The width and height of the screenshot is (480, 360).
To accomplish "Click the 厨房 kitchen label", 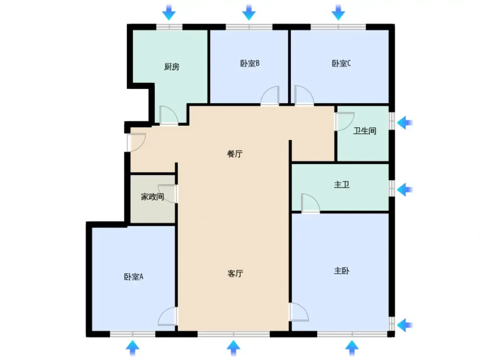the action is [x=172, y=67].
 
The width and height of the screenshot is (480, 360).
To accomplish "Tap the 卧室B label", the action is [x=250, y=63].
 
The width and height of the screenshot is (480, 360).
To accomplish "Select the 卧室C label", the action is [x=341, y=63].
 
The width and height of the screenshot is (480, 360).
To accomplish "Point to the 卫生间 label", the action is [x=364, y=131].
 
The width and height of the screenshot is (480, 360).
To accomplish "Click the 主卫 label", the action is [x=341, y=185].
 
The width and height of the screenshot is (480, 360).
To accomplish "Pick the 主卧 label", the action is [x=341, y=271].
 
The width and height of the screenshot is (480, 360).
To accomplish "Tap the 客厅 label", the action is [x=235, y=274].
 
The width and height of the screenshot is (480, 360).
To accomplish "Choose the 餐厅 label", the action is [x=235, y=154].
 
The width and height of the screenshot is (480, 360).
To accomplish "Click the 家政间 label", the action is [x=153, y=197].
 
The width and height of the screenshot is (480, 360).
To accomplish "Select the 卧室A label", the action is [x=134, y=277].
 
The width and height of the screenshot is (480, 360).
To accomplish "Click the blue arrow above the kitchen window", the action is [x=169, y=12].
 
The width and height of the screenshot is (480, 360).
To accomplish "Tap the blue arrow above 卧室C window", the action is [x=338, y=12].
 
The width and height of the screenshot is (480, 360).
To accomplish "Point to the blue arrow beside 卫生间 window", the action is [x=405, y=123].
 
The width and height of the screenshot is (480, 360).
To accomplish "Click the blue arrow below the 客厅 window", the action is [x=233, y=348].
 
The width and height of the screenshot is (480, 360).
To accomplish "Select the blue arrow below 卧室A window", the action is [x=133, y=348].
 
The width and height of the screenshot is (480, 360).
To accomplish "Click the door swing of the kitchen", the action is [x=169, y=115].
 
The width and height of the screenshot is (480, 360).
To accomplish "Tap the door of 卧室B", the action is [x=270, y=96].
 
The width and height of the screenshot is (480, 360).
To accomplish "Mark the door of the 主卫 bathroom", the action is [x=311, y=203].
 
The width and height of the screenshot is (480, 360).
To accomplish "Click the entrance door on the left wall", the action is [x=136, y=142].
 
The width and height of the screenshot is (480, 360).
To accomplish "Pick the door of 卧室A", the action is [x=168, y=316].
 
